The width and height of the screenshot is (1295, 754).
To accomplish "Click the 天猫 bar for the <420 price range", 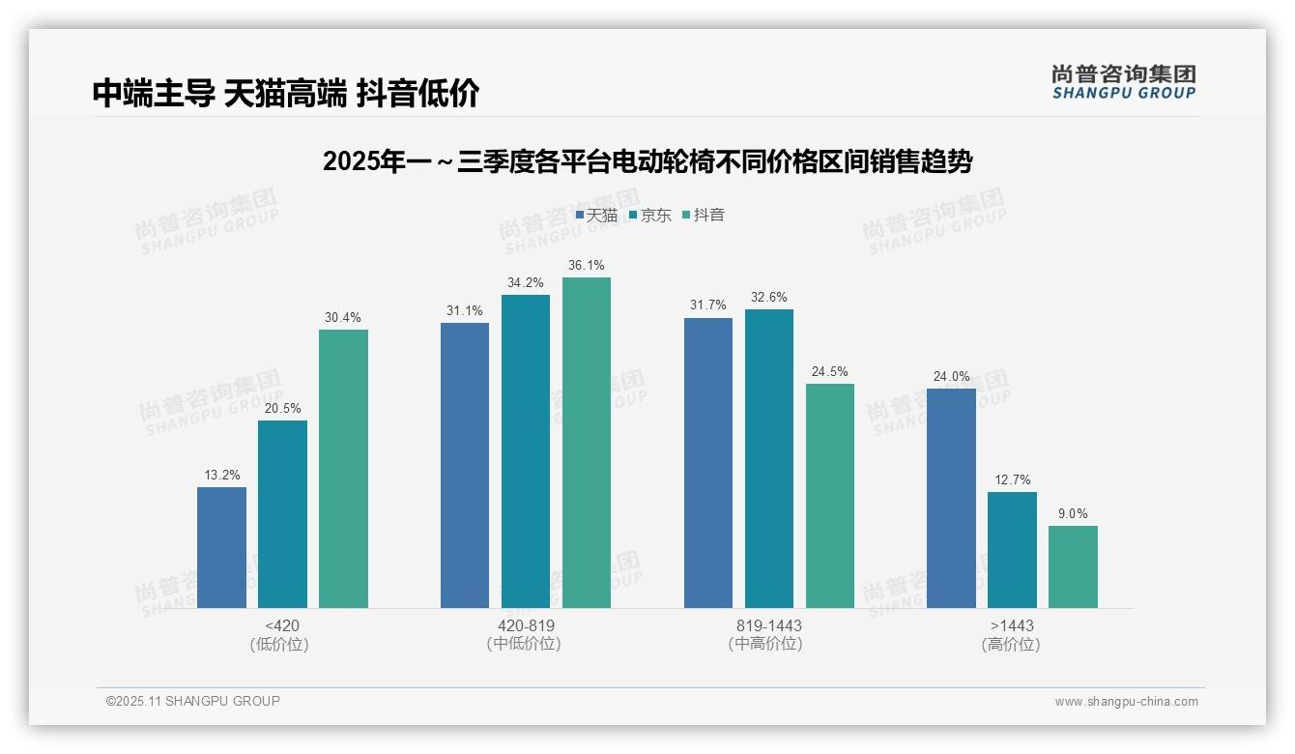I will click(221, 547).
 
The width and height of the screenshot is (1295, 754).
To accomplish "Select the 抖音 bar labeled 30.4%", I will click(343, 469).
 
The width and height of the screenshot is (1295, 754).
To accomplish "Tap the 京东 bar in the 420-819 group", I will click(526, 451).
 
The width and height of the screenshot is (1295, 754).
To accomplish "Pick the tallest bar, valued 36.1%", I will click(587, 443).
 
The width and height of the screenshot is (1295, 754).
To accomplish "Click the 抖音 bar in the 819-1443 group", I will click(830, 496).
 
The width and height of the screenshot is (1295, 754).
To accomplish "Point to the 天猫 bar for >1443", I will click(951, 498).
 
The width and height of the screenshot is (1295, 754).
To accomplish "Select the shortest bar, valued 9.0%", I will click(1073, 566).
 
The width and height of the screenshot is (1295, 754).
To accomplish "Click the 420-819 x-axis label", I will click(526, 625).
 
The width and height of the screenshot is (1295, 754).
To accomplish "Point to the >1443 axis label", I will click(1012, 625).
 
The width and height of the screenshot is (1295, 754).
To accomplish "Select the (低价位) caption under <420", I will click(279, 644).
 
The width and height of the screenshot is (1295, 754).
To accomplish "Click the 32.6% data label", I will click(768, 297).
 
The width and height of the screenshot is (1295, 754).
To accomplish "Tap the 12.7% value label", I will click(1012, 479).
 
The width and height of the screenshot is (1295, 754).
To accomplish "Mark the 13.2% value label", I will click(221, 475).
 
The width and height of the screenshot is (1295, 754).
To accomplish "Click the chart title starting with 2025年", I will click(647, 161).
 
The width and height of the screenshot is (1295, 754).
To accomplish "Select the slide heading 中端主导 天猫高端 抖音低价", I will click(286, 94).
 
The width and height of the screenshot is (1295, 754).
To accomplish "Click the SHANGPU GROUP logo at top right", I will click(1123, 82).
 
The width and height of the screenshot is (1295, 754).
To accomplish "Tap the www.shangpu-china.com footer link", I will click(1126, 702).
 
